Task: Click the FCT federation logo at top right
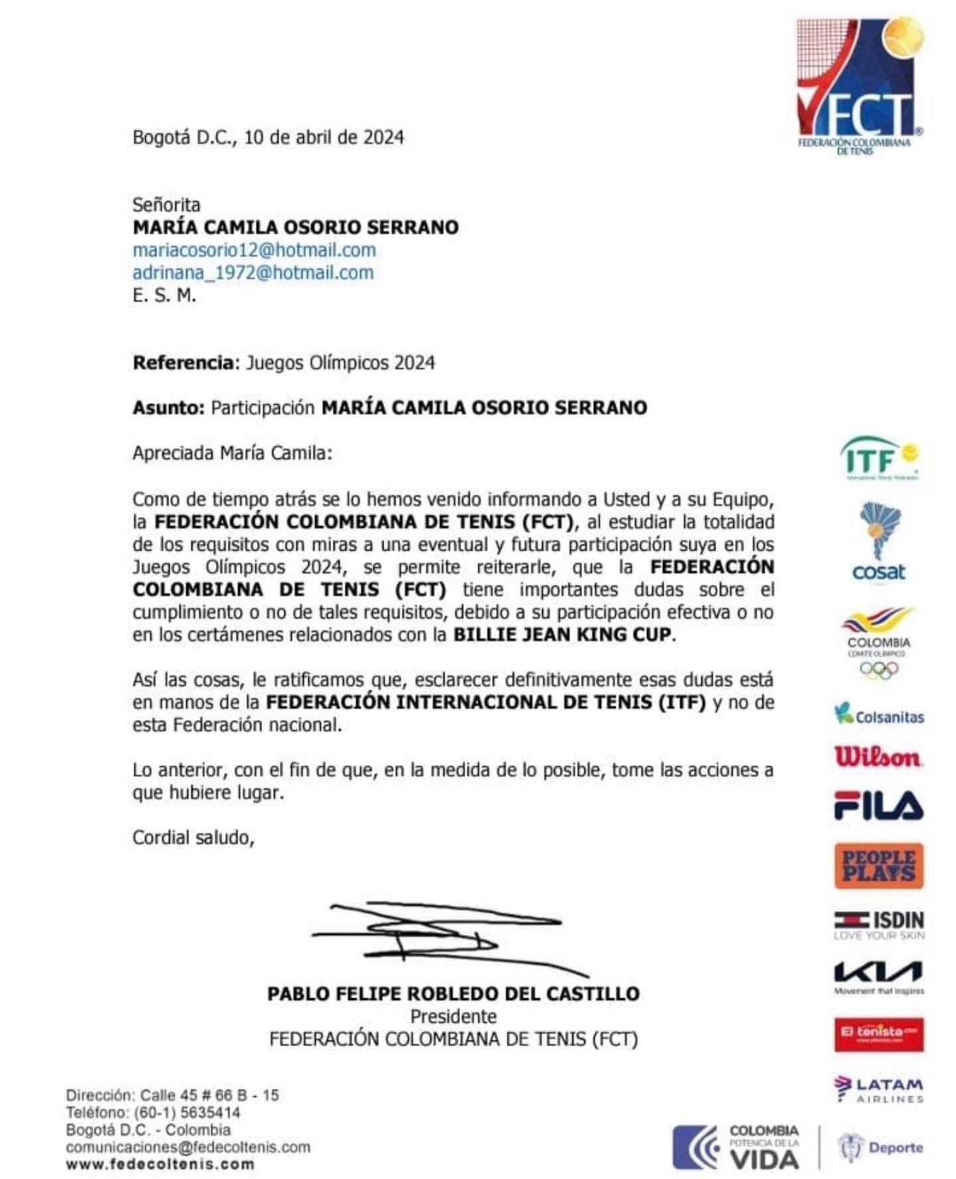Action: tap(859, 86)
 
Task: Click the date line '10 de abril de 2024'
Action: tap(323, 137)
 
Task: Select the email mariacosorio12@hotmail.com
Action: tap(254, 250)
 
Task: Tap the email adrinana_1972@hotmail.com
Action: tap(253, 273)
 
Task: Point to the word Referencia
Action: tap(183, 363)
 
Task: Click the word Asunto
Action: tap(168, 407)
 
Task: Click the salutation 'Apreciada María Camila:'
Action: tap(232, 453)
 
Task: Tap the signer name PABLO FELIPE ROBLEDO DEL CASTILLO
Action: tap(453, 993)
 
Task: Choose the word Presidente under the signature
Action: tap(453, 1016)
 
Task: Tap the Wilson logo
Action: tap(878, 757)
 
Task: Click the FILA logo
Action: tap(878, 806)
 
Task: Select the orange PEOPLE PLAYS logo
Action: tap(878, 866)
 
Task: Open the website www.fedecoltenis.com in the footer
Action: tap(159, 1164)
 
